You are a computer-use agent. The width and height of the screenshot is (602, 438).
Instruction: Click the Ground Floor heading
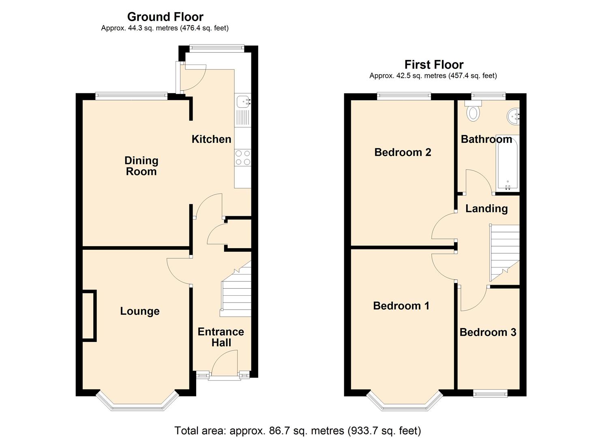165,17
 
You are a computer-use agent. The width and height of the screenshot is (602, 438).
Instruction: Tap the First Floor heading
434,64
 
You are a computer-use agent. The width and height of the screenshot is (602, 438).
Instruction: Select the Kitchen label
211,139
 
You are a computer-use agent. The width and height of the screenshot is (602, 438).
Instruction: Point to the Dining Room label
141,166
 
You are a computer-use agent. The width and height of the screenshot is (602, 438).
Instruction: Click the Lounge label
140,311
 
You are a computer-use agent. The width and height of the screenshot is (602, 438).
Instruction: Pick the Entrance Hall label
221,337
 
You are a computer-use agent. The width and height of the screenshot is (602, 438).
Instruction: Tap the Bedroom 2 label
403,152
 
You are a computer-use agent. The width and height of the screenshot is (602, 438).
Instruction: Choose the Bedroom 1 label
401,305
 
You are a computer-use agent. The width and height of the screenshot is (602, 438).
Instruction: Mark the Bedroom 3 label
488,332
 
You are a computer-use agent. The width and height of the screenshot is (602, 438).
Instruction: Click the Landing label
486,208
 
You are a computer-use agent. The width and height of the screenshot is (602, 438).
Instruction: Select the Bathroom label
486,139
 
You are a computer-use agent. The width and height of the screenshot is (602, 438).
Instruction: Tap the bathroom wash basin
513,116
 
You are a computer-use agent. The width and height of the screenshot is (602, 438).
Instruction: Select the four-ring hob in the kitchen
243,158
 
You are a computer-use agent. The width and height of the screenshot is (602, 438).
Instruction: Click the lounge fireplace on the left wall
89,316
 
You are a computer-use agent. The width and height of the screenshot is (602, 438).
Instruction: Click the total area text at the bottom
298,430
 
